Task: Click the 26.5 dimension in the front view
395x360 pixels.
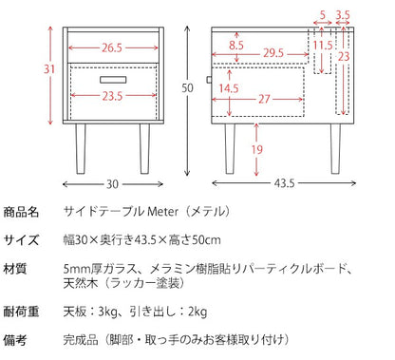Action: pos(112,47)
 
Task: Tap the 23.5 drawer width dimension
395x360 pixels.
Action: pos(112,96)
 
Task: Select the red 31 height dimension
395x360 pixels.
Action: pos(49,69)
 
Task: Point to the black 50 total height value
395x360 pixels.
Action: pos(187,87)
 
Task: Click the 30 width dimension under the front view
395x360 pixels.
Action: pos(112,184)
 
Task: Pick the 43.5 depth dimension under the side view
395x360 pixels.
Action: pos(284,183)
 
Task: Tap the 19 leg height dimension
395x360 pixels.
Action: pos(256,149)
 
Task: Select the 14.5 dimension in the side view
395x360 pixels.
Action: pos(229,88)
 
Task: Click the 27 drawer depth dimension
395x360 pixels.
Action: pos(264,99)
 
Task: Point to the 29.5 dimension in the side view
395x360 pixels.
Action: pos(273,53)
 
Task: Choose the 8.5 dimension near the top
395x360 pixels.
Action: pos(236,46)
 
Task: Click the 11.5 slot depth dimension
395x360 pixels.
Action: pos(323,46)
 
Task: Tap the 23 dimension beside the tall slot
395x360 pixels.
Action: pos(344,57)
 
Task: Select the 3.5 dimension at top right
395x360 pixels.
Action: pos(343,15)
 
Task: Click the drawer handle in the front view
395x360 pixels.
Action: pos(113,80)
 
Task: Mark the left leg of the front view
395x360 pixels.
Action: pos(81,148)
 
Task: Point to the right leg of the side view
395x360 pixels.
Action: pos(335,148)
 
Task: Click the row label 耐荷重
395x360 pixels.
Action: pos(21,312)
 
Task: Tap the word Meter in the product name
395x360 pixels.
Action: pos(163,211)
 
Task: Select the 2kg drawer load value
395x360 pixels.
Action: pos(197,312)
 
